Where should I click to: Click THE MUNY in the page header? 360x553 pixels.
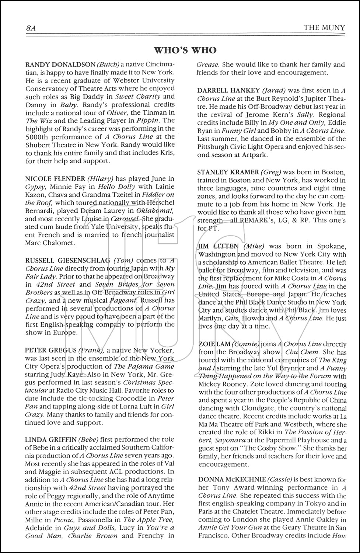click(x=324, y=28)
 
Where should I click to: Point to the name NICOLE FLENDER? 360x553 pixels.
click(x=50, y=178)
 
